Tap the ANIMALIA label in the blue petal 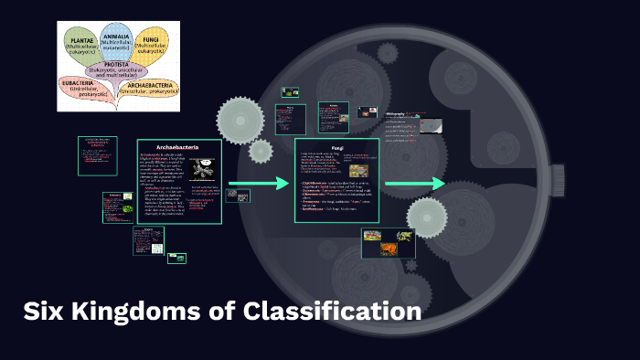(x=117, y=35)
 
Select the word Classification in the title (x=333, y=312)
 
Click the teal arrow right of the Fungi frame (x=415, y=184)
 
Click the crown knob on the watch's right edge (x=558, y=180)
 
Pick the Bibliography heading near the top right (x=400, y=113)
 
